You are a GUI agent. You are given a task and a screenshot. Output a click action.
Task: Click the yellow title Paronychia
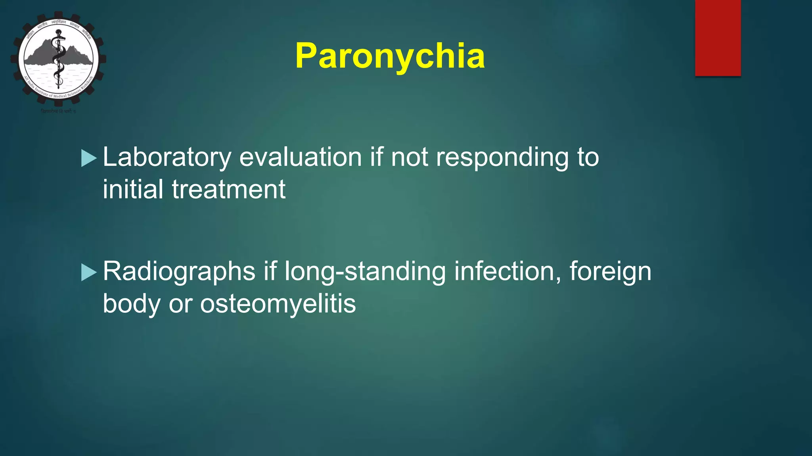click(390, 56)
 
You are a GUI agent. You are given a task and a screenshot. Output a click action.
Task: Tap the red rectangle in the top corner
click(718, 38)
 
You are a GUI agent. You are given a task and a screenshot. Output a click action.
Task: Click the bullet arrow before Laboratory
click(89, 158)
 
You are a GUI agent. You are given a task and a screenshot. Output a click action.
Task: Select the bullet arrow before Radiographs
click(89, 273)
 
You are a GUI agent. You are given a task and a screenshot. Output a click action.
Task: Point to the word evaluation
click(301, 158)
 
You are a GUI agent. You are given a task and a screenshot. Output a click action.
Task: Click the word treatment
click(228, 189)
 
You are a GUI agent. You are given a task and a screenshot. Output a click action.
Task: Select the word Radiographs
click(179, 272)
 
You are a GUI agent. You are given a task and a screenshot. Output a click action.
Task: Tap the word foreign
click(610, 272)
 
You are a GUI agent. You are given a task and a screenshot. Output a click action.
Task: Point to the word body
click(131, 304)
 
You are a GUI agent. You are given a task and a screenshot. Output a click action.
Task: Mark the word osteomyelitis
click(278, 304)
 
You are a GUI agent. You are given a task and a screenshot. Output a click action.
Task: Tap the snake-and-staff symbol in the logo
click(59, 59)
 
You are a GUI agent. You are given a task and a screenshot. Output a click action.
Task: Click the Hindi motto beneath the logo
click(58, 112)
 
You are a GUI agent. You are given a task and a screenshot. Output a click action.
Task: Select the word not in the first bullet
click(409, 158)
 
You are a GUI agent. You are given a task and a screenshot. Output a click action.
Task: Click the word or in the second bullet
click(180, 304)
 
